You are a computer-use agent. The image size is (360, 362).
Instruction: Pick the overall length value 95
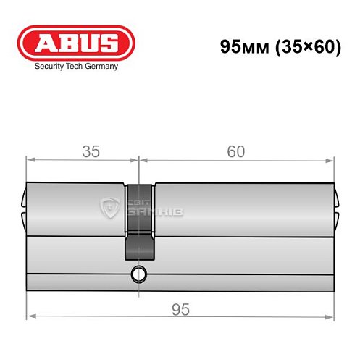tap(181, 310)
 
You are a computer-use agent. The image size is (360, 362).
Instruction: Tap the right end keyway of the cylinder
tap(336, 206)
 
